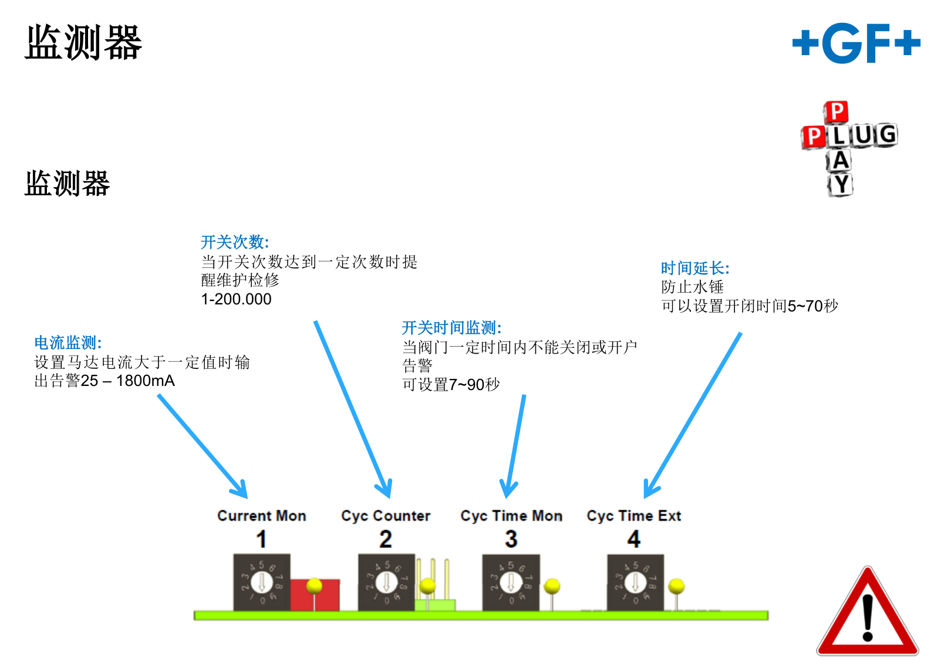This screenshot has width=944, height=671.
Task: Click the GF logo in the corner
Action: [856, 43]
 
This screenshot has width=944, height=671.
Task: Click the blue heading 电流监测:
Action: [68, 343]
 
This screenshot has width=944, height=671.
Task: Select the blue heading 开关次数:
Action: [235, 242]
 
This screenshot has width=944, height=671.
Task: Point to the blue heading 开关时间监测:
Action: [451, 328]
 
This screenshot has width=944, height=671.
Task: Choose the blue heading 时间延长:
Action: [695, 268]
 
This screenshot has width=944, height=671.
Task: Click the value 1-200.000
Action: [236, 299]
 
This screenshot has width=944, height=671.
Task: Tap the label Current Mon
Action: [262, 516]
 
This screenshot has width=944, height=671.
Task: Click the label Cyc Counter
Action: [386, 516]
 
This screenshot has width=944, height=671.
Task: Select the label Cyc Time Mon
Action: [511, 516]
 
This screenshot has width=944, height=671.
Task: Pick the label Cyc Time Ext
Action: [633, 516]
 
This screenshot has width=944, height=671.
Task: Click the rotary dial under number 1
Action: [262, 582]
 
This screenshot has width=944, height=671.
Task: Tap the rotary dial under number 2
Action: [386, 582]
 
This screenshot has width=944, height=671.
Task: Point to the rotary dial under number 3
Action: [511, 582]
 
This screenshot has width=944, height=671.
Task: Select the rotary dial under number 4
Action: [635, 582]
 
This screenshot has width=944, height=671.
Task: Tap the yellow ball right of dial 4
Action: [676, 585]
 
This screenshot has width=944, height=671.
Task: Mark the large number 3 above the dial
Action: [511, 539]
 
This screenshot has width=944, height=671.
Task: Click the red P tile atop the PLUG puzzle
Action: [836, 111]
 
